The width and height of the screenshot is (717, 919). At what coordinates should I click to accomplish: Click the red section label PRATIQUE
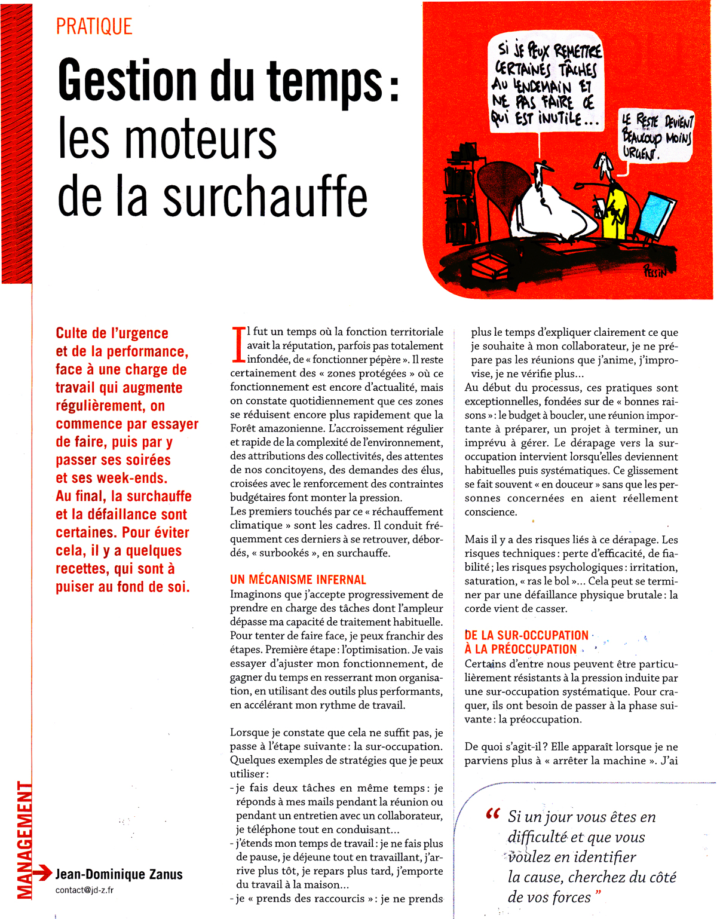(x=94, y=27)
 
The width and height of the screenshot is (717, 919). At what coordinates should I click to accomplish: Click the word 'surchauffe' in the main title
(x=265, y=197)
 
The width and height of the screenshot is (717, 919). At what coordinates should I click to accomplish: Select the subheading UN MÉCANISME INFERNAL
(x=298, y=580)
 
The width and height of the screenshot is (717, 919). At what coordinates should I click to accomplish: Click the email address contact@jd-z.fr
(x=84, y=890)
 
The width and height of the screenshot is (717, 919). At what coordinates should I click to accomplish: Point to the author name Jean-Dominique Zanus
(x=119, y=875)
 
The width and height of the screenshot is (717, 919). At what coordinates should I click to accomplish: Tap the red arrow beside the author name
(x=42, y=874)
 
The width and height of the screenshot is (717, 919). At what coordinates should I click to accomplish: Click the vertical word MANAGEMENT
(x=24, y=840)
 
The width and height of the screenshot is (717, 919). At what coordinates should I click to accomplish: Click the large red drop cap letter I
(x=238, y=345)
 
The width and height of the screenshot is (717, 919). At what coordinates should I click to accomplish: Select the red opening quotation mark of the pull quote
(x=493, y=814)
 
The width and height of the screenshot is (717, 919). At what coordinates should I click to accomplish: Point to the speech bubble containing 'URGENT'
(x=656, y=138)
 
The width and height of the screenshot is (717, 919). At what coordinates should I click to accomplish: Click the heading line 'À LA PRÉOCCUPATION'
(x=520, y=650)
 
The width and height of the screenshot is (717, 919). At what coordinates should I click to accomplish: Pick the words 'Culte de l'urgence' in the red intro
(x=112, y=333)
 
